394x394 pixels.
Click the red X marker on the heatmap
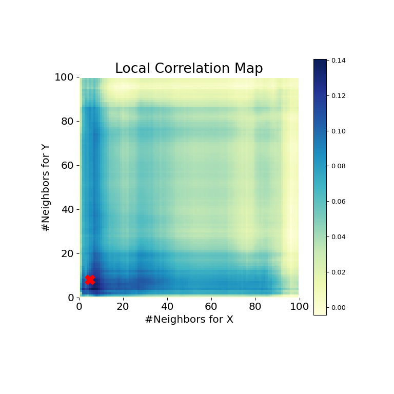90,280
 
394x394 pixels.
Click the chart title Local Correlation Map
189,69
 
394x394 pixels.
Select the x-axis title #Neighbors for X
189,320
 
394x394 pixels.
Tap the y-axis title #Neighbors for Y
46,187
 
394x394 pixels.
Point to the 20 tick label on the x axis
123,307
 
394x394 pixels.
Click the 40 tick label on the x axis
167,307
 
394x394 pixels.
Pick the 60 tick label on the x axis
211,307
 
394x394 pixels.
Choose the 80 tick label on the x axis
255,307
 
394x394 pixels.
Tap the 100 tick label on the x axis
299,307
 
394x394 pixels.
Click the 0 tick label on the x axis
79,307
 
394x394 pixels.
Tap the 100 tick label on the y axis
66,77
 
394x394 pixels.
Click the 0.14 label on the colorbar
338,61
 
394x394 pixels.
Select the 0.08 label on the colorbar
338,166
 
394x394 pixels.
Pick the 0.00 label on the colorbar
338,307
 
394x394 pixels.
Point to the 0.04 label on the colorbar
338,237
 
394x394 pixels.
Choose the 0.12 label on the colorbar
338,96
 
